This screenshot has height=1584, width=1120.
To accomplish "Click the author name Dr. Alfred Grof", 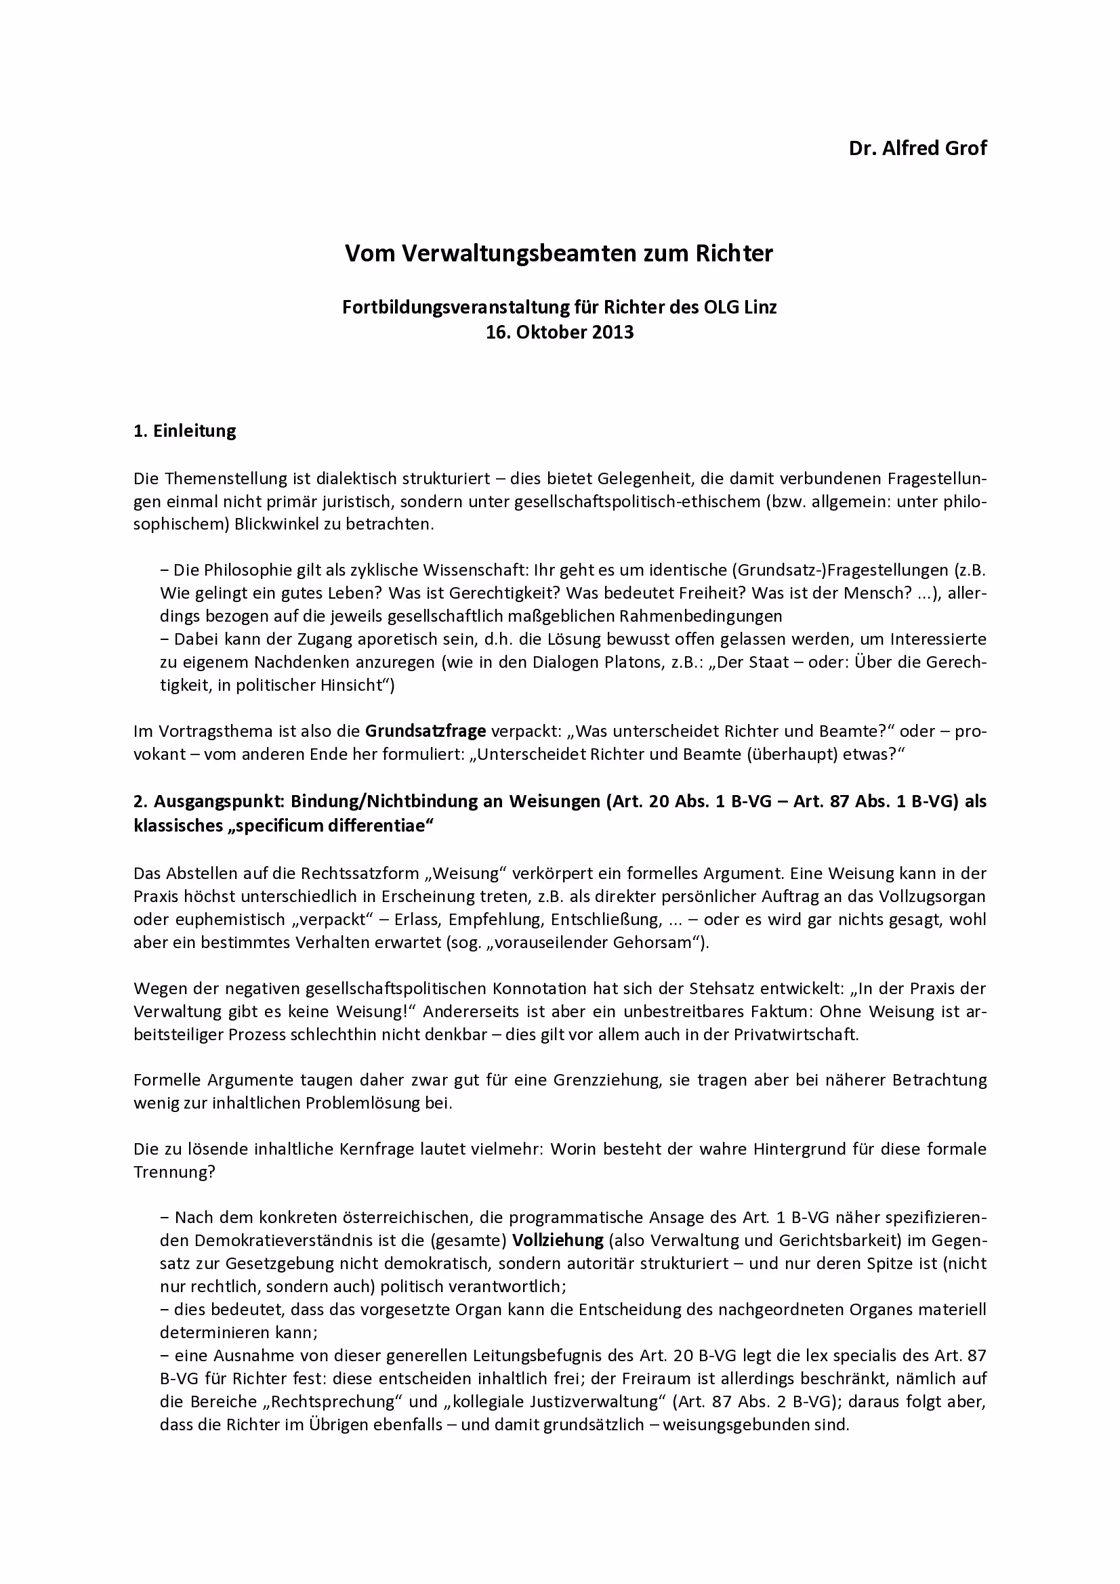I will pyautogui.click(x=917, y=148).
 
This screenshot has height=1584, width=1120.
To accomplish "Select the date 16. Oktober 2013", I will pyautogui.click(x=559, y=333).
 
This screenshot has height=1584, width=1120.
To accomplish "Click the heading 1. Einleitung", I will pyautogui.click(x=184, y=431).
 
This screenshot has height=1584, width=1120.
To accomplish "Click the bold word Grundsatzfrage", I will pyautogui.click(x=425, y=731).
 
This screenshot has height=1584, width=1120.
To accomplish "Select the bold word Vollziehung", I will pyautogui.click(x=558, y=1241).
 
